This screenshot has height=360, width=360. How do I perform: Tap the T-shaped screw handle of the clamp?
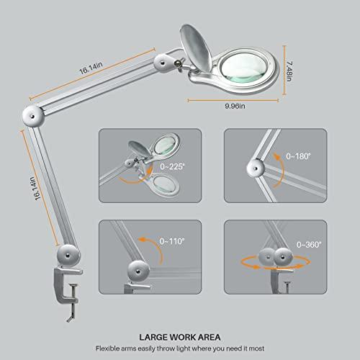(69, 310)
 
